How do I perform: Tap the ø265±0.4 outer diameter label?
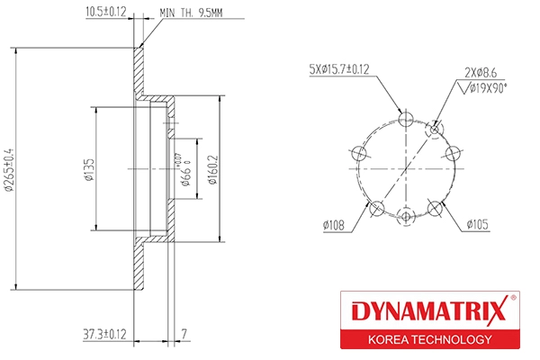pos(9,168)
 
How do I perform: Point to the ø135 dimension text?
pos(90,168)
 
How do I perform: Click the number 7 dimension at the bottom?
pos(183,335)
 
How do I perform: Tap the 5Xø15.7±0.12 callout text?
pos(339,68)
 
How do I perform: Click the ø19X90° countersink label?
pos(487,87)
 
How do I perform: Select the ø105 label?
pos(477,224)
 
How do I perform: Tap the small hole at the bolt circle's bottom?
pos(407,216)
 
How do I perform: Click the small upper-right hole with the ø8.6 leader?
pos(436,130)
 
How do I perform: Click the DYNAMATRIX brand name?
pos(427,314)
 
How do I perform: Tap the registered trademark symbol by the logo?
pos(514,298)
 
